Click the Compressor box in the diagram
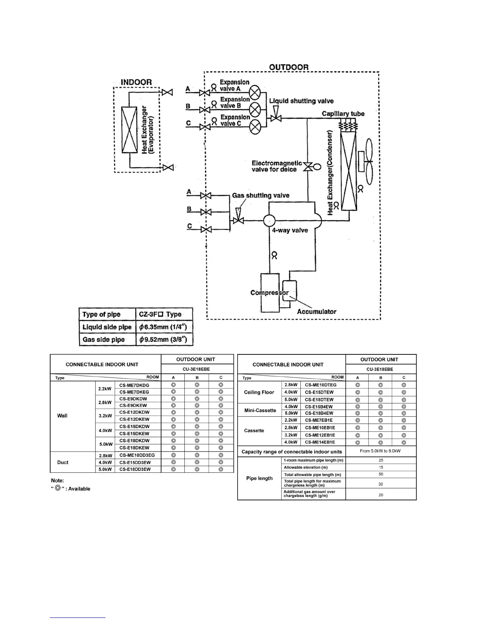click(270, 293)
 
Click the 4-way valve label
click(290, 231)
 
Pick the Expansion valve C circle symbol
click(255, 127)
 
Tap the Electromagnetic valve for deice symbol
click(309, 167)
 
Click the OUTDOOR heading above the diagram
click(289, 67)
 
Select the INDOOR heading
click(136, 82)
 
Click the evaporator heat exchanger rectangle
click(129, 130)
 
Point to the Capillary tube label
click(343, 114)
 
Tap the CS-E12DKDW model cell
click(135, 412)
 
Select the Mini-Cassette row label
click(260, 410)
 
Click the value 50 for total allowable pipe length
click(381, 474)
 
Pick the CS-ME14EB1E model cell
click(320, 442)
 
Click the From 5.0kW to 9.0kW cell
click(381, 451)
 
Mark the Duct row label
click(63, 463)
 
